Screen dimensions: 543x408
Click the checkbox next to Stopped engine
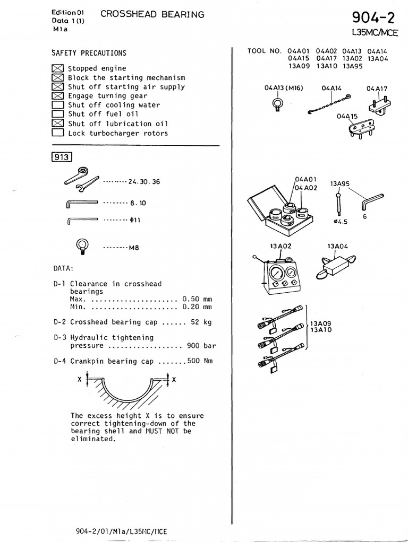coord(58,68)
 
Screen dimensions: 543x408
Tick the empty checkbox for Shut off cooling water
coord(58,105)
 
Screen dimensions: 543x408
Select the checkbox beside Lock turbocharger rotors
coord(58,133)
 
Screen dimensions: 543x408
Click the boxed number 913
coord(62,156)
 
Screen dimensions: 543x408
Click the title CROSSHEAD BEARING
coord(152,15)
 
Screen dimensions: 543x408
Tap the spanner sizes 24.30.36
coord(143,182)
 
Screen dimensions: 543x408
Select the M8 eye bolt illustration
coord(82,245)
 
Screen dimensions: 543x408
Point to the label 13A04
coord(337,246)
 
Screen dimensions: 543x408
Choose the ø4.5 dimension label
coord(340,222)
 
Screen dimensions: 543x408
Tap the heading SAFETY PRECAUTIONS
coord(89,53)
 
